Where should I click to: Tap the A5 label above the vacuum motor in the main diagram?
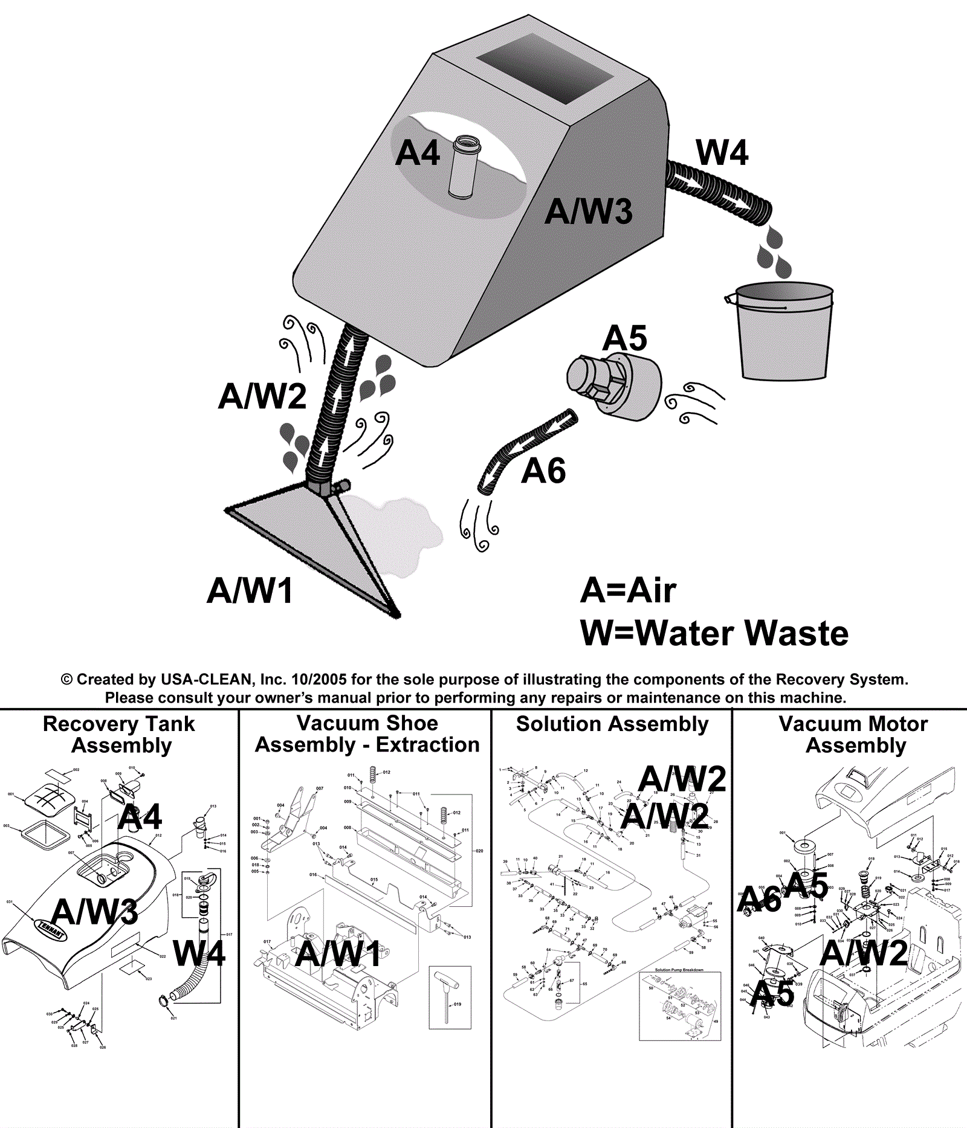[624, 338]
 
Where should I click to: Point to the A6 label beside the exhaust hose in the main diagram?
[543, 471]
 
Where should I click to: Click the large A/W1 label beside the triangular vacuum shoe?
[250, 590]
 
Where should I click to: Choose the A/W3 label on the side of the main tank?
[588, 211]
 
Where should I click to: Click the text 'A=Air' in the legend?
[628, 590]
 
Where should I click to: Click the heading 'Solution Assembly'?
[612, 724]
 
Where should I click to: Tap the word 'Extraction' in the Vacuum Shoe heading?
[427, 745]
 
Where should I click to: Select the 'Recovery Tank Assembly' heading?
[120, 734]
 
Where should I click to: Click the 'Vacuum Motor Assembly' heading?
[854, 734]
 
